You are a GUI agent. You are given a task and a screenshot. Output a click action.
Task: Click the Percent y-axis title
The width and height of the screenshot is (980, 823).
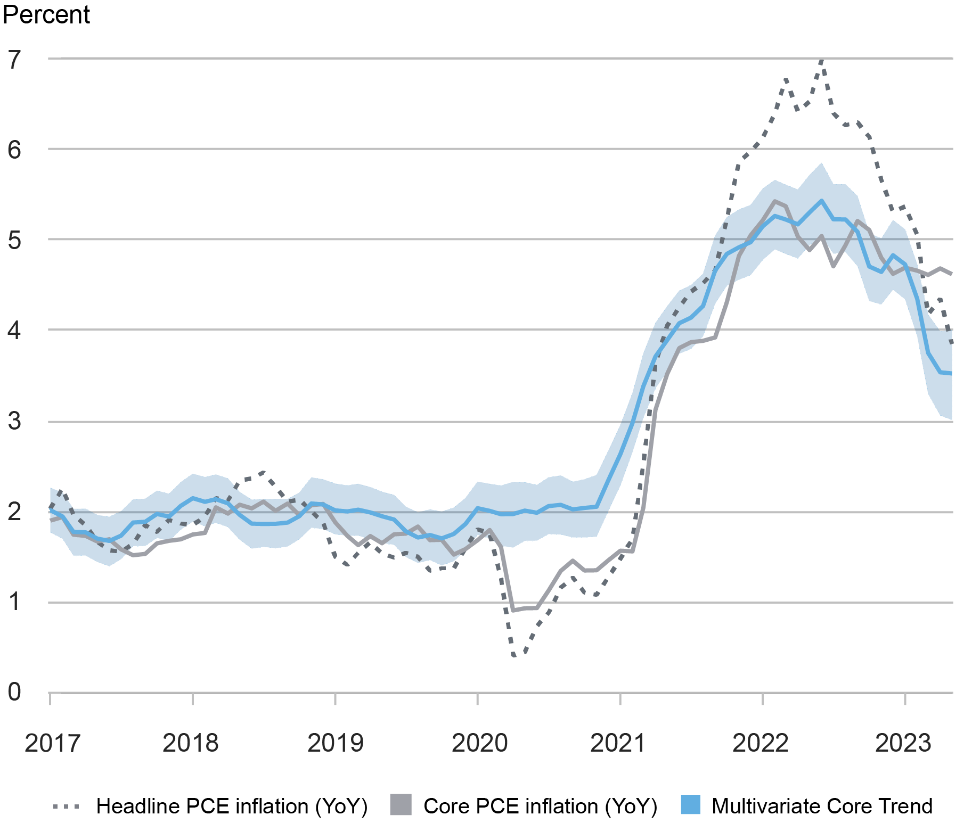pyautogui.click(x=46, y=14)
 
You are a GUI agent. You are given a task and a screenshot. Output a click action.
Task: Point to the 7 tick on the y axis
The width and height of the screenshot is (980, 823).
pyautogui.click(x=14, y=60)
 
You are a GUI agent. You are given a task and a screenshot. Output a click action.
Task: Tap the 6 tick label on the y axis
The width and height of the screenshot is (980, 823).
pyautogui.click(x=14, y=150)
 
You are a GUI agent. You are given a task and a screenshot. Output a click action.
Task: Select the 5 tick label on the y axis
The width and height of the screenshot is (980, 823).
pyautogui.click(x=14, y=241)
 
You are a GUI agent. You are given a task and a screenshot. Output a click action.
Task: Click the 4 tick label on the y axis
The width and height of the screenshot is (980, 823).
pyautogui.click(x=14, y=331)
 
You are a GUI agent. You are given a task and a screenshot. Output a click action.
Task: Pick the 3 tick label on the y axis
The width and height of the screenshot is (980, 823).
pyautogui.click(x=14, y=421)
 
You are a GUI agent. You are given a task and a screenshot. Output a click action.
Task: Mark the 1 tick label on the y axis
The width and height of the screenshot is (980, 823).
pyautogui.click(x=14, y=602)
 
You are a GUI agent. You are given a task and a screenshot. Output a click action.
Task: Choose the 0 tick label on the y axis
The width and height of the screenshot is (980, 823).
pyautogui.click(x=14, y=692)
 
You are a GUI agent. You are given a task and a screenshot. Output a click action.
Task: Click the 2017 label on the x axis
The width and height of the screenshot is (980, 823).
pyautogui.click(x=52, y=743)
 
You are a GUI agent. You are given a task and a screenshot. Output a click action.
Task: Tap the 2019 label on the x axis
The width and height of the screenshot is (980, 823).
pyautogui.click(x=335, y=743)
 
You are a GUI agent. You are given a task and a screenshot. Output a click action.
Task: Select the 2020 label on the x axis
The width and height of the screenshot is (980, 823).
pyautogui.click(x=479, y=743)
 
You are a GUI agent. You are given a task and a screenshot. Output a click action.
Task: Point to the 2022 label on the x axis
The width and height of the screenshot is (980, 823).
pyautogui.click(x=760, y=743)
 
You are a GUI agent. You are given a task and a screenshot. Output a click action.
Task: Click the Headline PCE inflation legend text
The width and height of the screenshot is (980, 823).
pyautogui.click(x=232, y=806)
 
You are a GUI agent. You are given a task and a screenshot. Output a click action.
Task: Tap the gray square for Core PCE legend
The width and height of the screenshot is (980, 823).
pyautogui.click(x=401, y=804)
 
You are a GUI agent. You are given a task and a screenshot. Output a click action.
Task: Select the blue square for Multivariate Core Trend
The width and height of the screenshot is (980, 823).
pyautogui.click(x=690, y=804)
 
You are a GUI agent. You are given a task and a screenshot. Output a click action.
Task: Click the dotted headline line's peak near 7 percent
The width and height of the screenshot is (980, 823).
pyautogui.click(x=822, y=60)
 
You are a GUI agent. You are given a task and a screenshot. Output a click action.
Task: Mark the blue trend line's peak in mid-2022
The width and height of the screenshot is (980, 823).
pyautogui.click(x=821, y=201)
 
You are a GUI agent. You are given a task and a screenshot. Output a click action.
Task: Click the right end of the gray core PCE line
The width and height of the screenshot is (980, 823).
pyautogui.click(x=951, y=274)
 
